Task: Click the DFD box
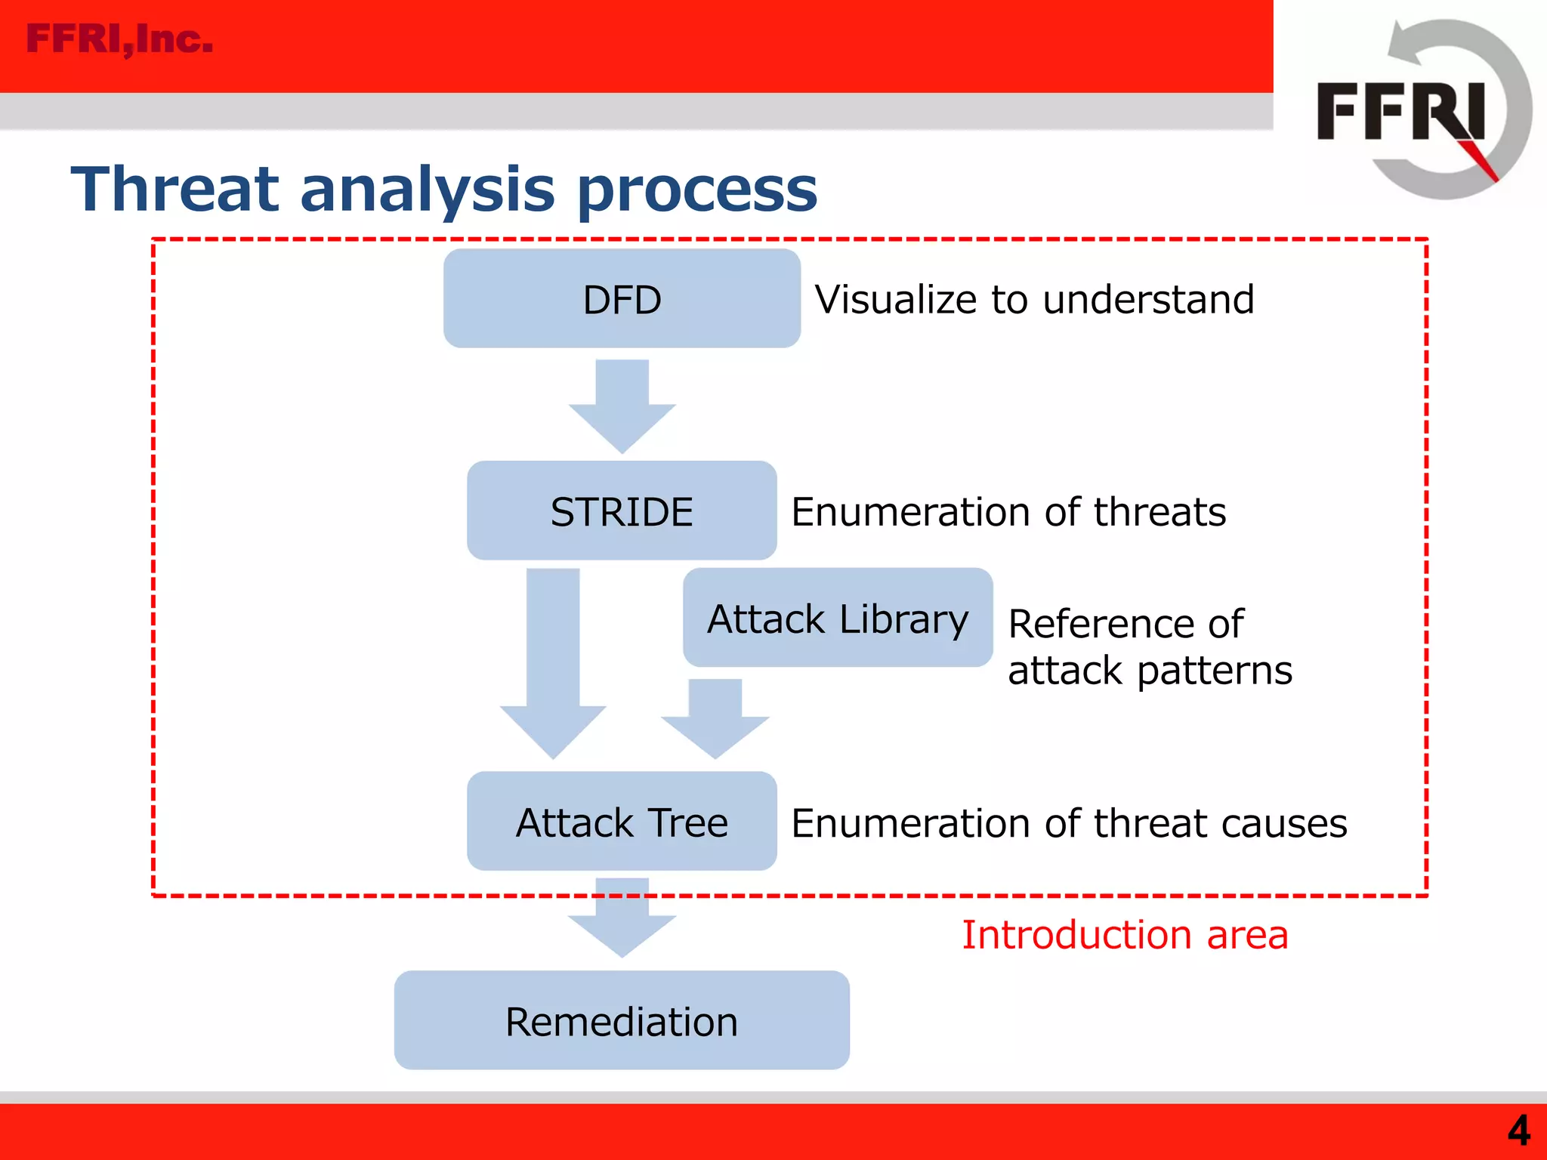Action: pos(622,299)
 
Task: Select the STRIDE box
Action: pos(622,511)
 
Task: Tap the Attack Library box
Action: pos(837,619)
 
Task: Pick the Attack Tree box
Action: pos(622,822)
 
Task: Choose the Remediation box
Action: pos(622,1021)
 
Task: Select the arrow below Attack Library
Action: pos(715,717)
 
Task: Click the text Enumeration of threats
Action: pos(1008,511)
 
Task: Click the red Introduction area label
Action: pos(1124,934)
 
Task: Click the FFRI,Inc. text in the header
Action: pos(119,39)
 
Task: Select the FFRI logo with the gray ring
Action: pos(1420,110)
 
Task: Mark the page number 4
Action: pos(1518,1131)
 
